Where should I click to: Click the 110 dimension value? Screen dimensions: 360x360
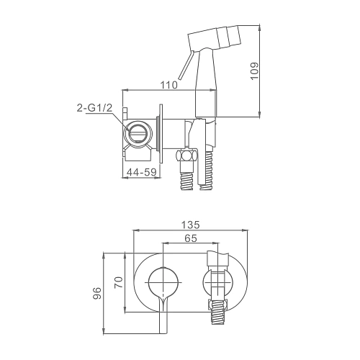pyautogui.click(x=169, y=85)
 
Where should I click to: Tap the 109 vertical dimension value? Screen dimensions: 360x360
pyautogui.click(x=254, y=71)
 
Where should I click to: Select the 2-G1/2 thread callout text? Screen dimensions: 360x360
pyautogui.click(x=94, y=108)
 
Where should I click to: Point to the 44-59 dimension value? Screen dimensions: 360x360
pyautogui.click(x=142, y=172)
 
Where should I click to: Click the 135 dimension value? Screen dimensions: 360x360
pyautogui.click(x=190, y=225)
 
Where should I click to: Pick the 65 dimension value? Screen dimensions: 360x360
pyautogui.click(x=191, y=238)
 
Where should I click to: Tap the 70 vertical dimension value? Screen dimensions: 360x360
pyautogui.click(x=119, y=282)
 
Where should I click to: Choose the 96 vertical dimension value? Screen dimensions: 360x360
pyautogui.click(x=97, y=293)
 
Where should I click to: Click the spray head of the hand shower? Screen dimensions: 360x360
pyautogui.click(x=214, y=37)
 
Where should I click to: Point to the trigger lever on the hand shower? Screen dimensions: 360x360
pyautogui.click(x=186, y=65)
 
